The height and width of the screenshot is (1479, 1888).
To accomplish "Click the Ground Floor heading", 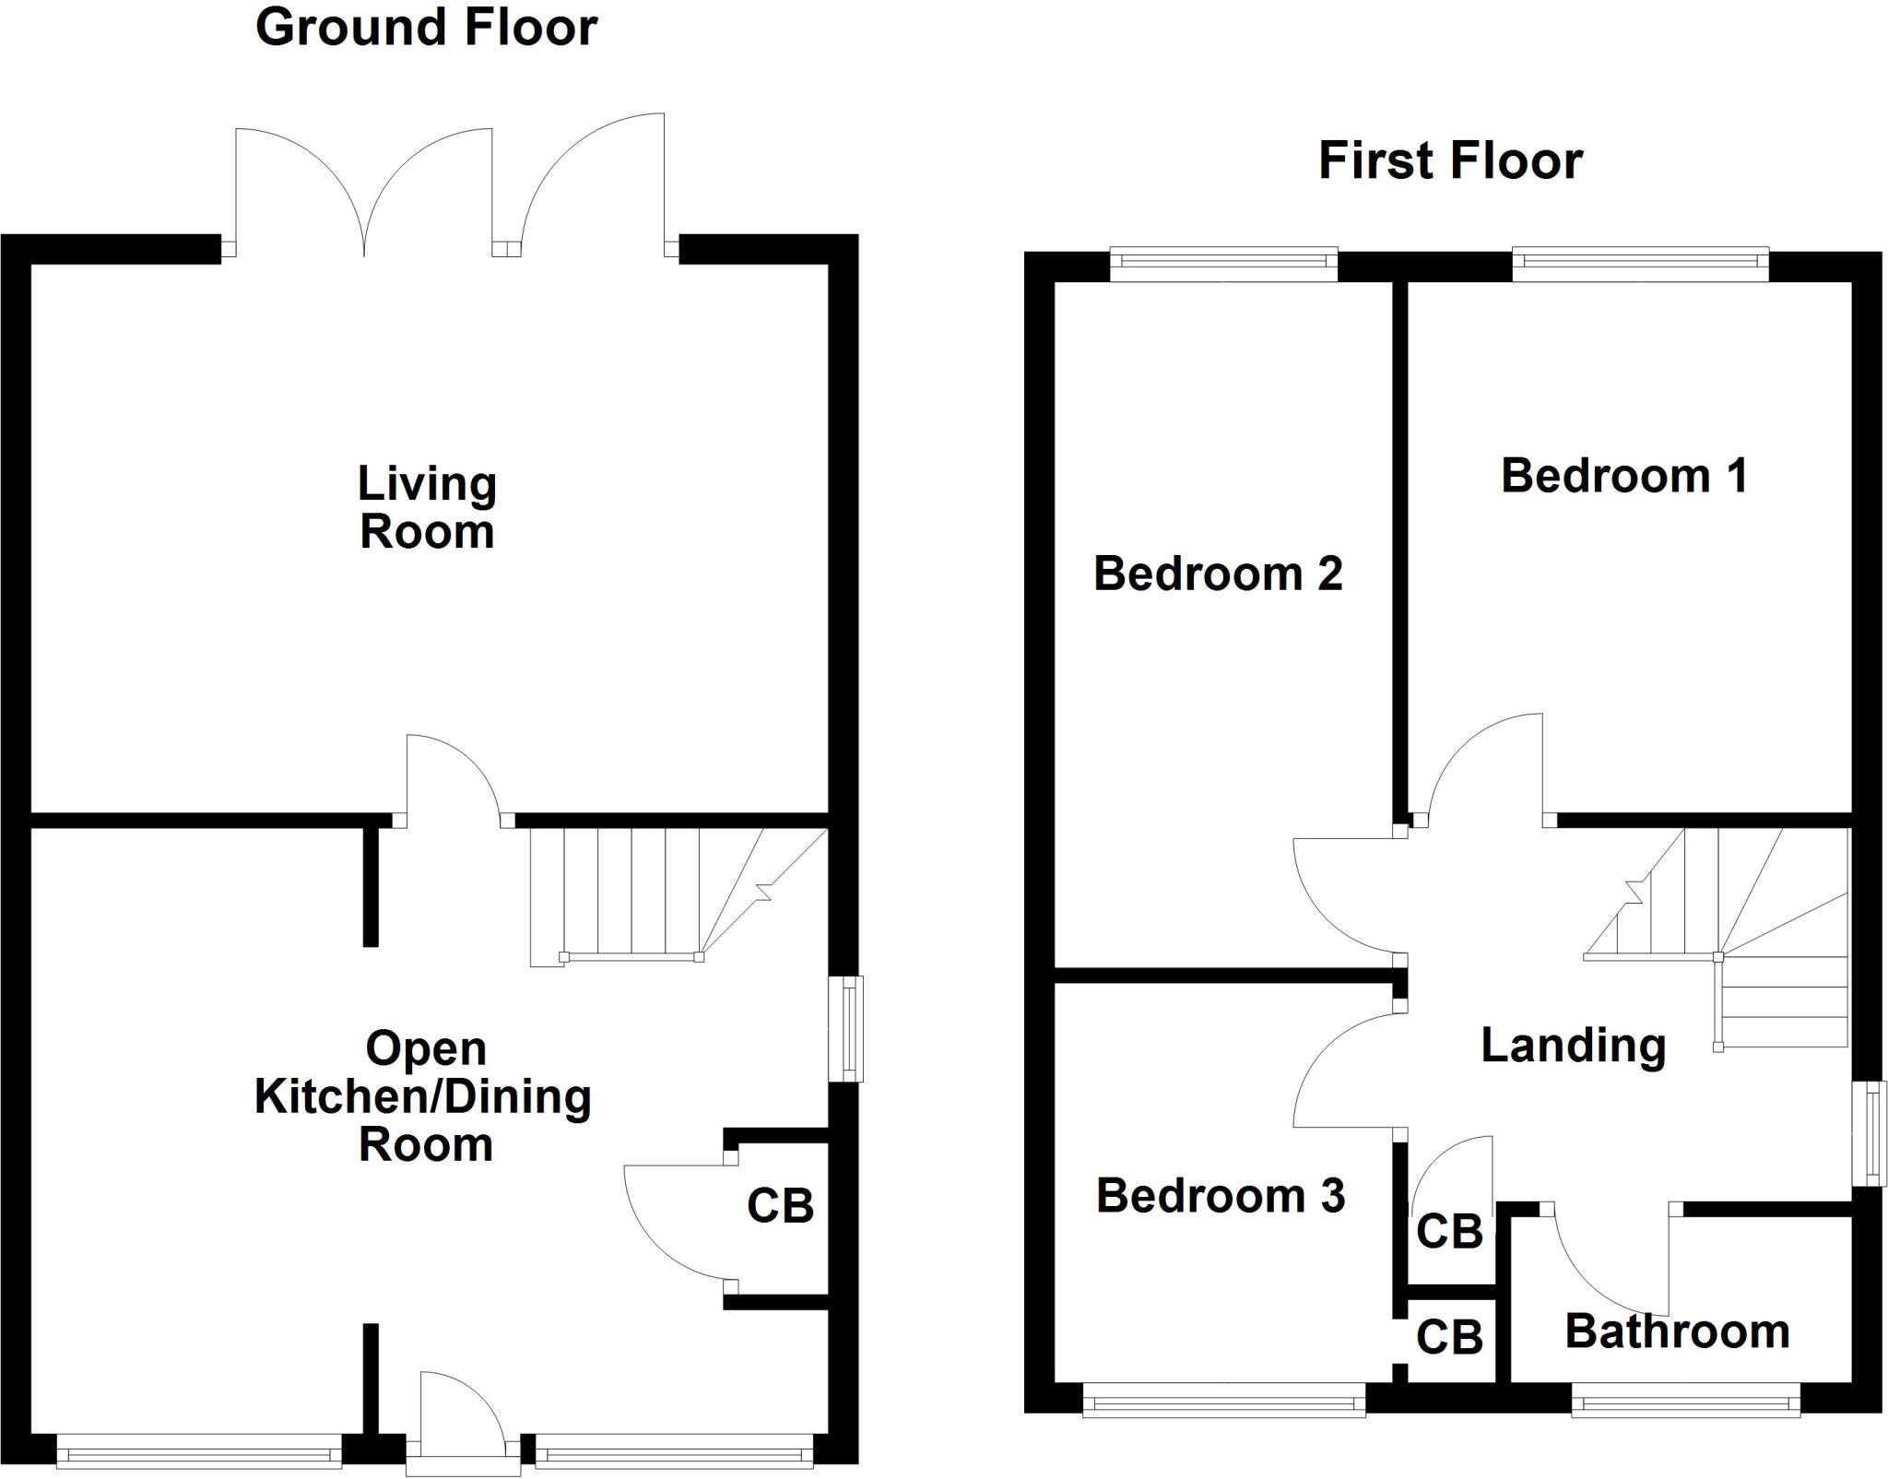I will coord(426,28).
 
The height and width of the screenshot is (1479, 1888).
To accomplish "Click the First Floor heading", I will coord(1450,160).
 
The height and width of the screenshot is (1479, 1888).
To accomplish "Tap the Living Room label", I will coord(427,508).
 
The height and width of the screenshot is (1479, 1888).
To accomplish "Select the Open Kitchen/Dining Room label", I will coord(424,1096).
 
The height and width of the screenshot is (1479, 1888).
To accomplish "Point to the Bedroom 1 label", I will coord(1624,476).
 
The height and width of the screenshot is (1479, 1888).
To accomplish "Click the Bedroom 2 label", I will coord(1218,574).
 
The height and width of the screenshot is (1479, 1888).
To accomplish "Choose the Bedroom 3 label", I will coord(1221,1196).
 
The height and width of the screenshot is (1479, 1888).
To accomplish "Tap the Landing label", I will coord(1573,1045).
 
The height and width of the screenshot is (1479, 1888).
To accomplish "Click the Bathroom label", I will coord(1677,1331).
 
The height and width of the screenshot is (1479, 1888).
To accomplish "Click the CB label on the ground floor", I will coord(780,1206).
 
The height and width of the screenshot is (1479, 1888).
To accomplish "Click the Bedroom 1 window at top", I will coord(1640,265).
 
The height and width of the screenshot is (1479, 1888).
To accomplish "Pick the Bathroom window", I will coord(1685,1404).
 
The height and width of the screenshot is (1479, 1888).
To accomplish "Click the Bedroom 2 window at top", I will coord(1223,265).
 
